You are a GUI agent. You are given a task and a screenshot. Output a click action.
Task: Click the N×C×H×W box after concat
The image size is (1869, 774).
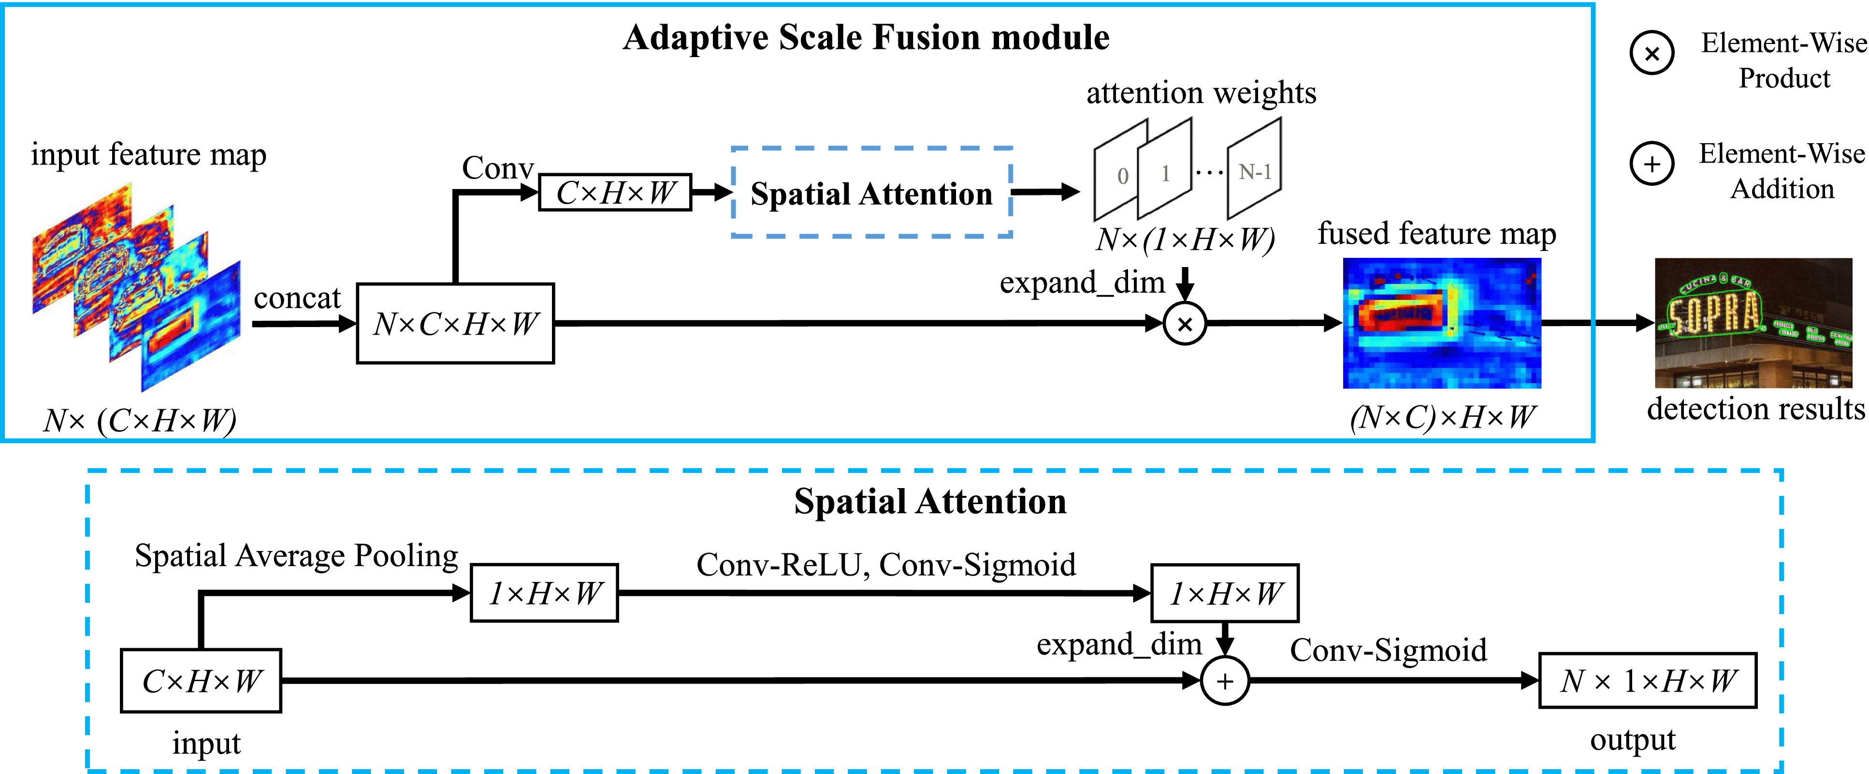pyautogui.click(x=455, y=323)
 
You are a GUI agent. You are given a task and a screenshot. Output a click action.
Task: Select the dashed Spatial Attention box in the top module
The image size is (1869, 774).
pyautogui.click(x=871, y=193)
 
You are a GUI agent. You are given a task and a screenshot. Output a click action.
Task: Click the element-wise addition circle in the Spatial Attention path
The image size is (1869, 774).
pyautogui.click(x=1225, y=681)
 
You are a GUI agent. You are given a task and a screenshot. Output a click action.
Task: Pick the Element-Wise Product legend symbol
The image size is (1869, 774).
pyautogui.click(x=1652, y=53)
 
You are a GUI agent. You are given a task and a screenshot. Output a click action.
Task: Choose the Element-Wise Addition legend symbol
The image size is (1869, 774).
pyautogui.click(x=1652, y=164)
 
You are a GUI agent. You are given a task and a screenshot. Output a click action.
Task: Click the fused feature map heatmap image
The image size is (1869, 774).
pyautogui.click(x=1442, y=323)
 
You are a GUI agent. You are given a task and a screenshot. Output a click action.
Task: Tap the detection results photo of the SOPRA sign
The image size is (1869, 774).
pyautogui.click(x=1753, y=323)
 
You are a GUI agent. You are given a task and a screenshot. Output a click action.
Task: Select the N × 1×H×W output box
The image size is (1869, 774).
pyautogui.click(x=1647, y=680)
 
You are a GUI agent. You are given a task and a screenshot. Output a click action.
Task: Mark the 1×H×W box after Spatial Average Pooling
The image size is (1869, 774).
pyautogui.click(x=544, y=593)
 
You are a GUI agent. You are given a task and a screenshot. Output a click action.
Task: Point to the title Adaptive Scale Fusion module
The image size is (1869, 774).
pyautogui.click(x=866, y=38)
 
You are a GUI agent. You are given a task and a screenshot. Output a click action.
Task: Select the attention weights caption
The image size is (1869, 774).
pyautogui.click(x=1201, y=93)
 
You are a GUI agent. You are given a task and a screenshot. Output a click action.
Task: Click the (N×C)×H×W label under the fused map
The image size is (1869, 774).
pyautogui.click(x=1442, y=417)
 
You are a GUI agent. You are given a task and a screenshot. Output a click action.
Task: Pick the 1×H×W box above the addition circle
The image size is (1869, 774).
pyautogui.click(x=1225, y=593)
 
